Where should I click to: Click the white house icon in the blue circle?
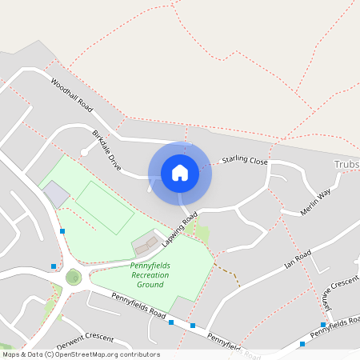click(180, 172)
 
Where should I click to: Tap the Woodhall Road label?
click(72, 94)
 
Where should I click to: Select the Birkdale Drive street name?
click(106, 150)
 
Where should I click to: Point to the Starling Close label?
click(245, 161)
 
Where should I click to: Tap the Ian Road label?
click(297, 258)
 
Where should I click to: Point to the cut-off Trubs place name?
click(345, 165)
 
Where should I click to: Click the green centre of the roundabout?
click(74, 278)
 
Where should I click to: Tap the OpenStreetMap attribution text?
click(80, 354)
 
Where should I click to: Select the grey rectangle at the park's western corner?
click(55, 194)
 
